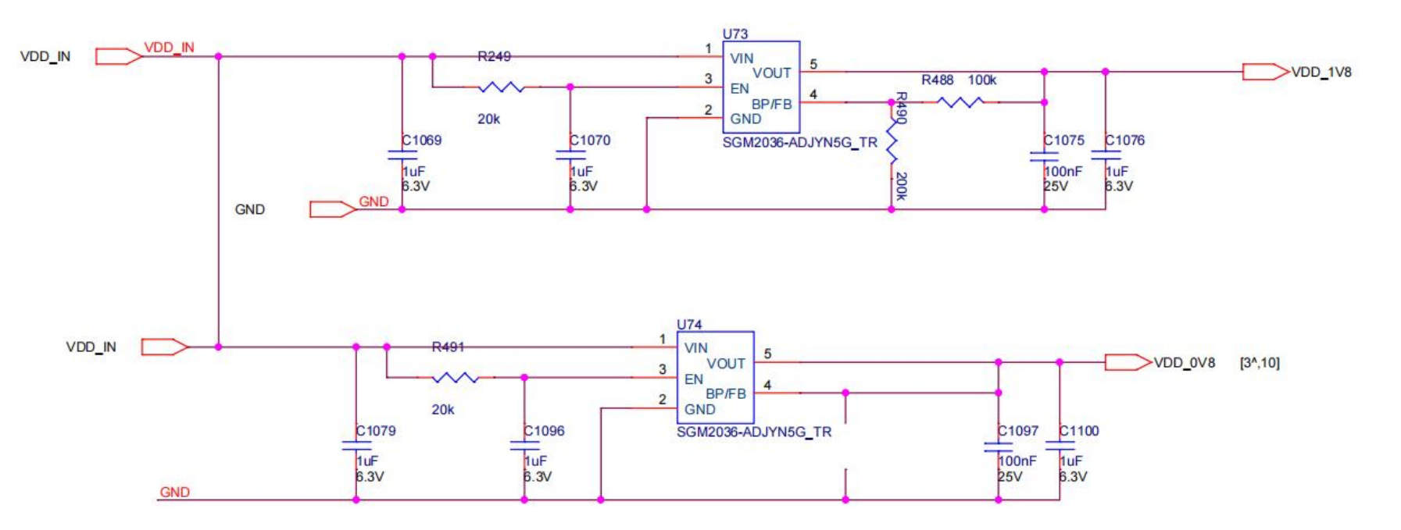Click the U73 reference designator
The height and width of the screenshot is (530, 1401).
coord(734,34)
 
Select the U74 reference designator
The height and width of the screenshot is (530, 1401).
coord(689,324)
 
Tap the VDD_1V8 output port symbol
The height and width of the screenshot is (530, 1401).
coord(1265,72)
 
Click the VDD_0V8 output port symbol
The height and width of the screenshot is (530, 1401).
coord(1128,362)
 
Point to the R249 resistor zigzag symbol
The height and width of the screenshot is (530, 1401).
coord(501,87)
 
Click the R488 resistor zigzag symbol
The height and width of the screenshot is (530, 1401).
coord(960,102)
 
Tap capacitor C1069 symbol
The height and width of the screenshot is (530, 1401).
coord(402,155)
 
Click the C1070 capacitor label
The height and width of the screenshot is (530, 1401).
coord(590,141)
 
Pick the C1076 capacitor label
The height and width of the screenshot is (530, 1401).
coord(1124,141)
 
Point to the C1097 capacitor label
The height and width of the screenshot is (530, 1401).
coord(1018,431)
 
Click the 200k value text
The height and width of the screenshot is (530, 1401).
coord(901,186)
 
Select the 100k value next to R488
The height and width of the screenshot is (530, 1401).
coord(982,80)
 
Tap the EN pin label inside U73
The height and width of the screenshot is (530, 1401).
coord(739,88)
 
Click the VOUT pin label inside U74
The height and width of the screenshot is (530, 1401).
coord(726,364)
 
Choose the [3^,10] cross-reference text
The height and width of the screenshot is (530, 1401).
coord(1260,363)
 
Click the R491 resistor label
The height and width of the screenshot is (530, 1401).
coord(448,347)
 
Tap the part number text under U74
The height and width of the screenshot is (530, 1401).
coord(753,432)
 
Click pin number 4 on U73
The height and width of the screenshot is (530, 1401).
coord(813,94)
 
